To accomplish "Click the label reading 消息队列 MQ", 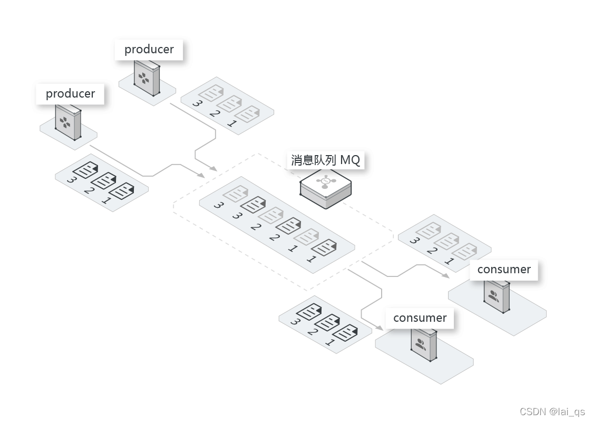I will coord(325,160).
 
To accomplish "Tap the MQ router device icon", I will coord(325,188).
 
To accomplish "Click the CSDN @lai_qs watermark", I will coord(552,412).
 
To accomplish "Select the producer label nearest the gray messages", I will coord(149,50).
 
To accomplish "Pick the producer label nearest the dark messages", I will coord(70,94).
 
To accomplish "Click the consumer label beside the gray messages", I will coord(503,270).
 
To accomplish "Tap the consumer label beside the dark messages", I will coord(420,318).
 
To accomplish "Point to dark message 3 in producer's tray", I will coord(83,170).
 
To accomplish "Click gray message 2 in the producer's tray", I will coord(229,104).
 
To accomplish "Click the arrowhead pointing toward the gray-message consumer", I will coord(445,275).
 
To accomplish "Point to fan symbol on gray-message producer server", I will coord(143,80).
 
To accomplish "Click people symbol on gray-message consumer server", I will coord(493,296).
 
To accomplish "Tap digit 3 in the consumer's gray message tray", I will coord(414,241).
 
